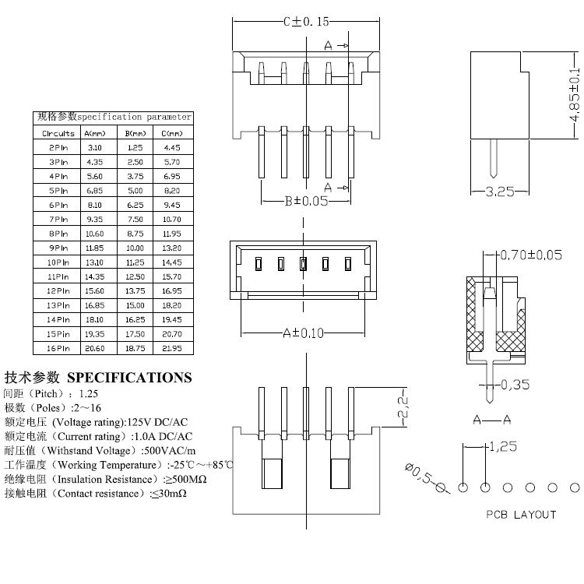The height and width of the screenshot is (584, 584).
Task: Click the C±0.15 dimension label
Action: [305, 22]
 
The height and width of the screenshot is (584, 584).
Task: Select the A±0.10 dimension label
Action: [303, 333]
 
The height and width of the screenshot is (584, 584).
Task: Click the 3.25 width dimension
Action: [500, 192]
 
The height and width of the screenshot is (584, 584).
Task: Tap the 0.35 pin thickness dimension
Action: [515, 384]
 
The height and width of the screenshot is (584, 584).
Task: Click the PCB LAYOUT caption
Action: [521, 514]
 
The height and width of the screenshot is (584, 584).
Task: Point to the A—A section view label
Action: [491, 420]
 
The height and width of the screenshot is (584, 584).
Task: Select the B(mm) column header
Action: [135, 133]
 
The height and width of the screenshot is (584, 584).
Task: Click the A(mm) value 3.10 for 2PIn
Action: [95, 147]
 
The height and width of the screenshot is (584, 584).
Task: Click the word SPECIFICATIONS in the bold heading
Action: [129, 378]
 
